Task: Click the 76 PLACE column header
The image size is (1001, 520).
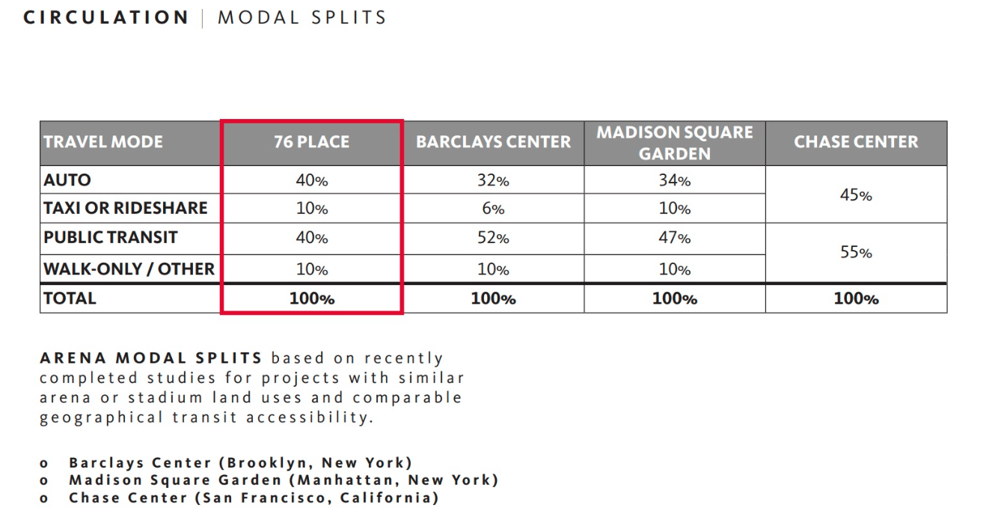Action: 312,142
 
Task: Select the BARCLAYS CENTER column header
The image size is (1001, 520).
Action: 493,142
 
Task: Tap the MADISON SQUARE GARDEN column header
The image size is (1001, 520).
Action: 674,142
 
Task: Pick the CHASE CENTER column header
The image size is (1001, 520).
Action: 856,142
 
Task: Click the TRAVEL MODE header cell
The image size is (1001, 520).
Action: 103,142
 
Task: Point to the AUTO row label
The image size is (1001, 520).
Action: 67,180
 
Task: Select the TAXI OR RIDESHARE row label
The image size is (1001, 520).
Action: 126,208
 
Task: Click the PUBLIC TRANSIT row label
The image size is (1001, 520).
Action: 111,238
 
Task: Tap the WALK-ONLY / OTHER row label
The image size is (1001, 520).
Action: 129,269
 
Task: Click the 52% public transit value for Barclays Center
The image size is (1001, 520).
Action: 493,239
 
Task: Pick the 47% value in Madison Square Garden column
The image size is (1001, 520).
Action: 674,239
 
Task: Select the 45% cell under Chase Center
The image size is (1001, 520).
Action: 856,195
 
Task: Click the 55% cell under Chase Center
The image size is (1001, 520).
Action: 856,253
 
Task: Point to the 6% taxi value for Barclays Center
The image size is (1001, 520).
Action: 493,209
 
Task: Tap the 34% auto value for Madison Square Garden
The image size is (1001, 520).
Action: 674,180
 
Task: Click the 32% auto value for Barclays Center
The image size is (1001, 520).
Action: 493,180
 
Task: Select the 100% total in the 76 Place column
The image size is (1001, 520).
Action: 312,299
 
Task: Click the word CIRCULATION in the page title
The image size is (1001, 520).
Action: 106,17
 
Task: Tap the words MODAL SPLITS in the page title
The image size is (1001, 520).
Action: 301,17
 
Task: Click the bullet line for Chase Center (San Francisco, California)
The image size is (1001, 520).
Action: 254,498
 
